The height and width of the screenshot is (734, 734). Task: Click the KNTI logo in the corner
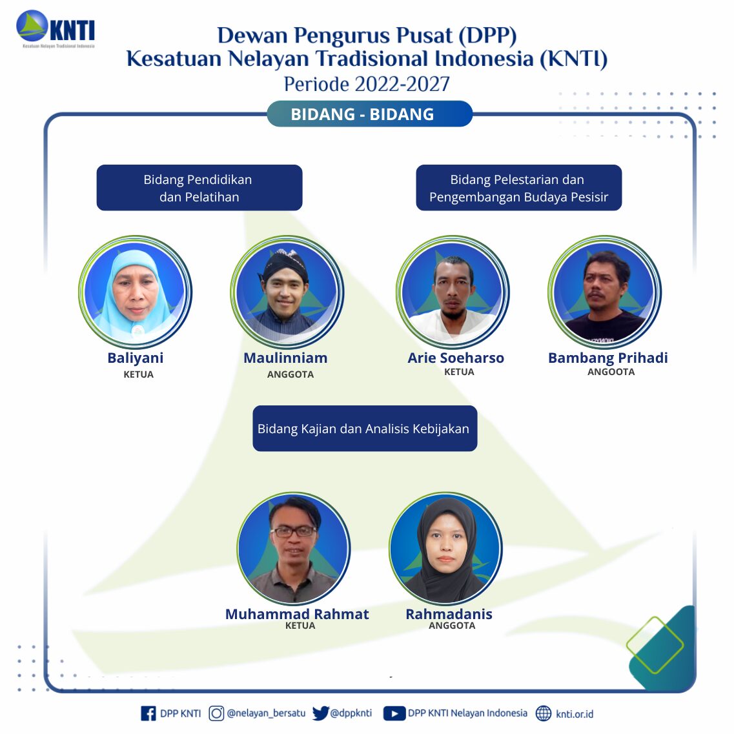coord(56,29)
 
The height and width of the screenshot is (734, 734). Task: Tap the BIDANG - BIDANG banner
coord(369,114)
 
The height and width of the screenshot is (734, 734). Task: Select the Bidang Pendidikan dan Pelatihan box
coord(199,188)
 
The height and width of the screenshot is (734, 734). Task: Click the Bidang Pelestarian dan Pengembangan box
coord(518,188)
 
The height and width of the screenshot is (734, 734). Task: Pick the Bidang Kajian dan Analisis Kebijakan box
coord(365,428)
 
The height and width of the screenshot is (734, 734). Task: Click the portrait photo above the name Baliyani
coord(136,292)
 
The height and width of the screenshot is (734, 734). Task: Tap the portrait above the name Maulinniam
coord(287,292)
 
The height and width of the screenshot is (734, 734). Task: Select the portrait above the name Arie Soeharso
coord(453,292)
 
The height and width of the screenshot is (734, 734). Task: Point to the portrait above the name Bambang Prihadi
coord(604,292)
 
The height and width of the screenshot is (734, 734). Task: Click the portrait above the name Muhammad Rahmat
coord(294,548)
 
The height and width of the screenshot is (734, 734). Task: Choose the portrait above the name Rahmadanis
coord(445,548)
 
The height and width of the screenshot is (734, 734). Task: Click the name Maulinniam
coord(285,358)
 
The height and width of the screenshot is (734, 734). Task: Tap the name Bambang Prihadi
coord(607,358)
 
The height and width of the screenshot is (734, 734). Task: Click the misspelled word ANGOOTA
coord(611,372)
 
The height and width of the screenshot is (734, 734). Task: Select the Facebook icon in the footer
coord(148,713)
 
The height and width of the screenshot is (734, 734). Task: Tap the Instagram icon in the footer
coord(216,713)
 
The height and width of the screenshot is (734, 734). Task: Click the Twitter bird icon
coord(321,713)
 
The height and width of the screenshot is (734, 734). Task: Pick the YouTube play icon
coord(394,713)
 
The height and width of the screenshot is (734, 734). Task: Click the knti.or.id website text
coord(575,714)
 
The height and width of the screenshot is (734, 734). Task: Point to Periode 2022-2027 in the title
coord(367,85)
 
